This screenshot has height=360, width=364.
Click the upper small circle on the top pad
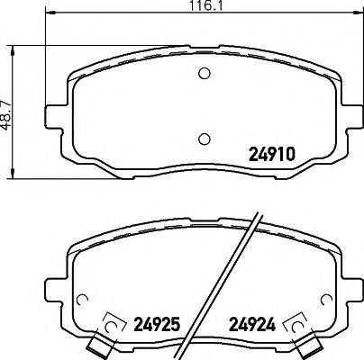[x=204, y=75]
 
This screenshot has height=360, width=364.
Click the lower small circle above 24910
[x=204, y=138]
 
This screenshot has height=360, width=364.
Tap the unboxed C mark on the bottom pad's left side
[x=83, y=301]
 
